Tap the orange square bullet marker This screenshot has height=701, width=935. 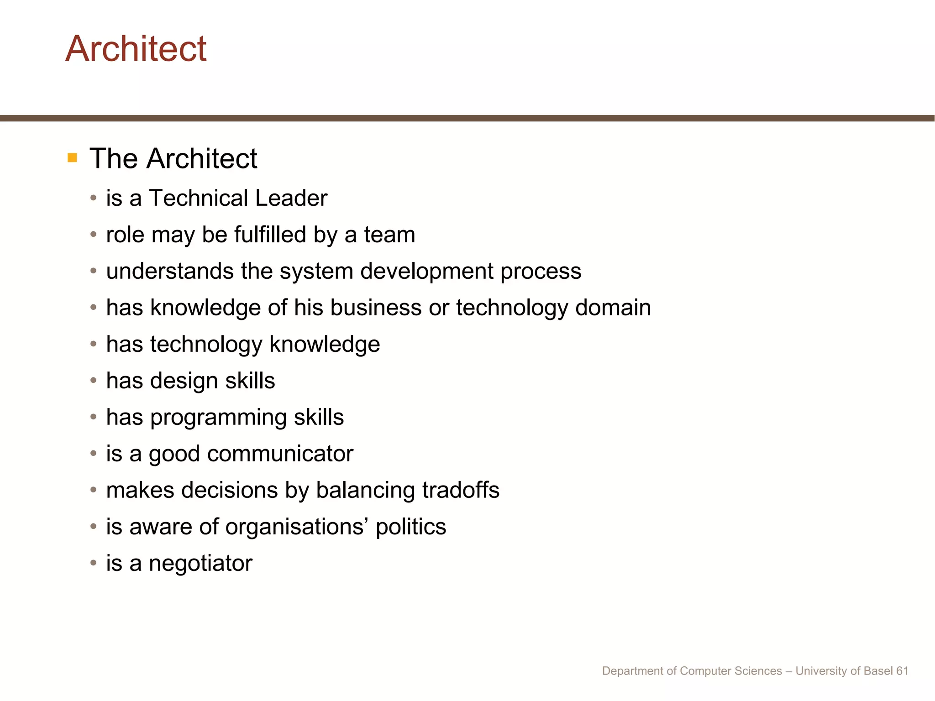pyautogui.click(x=72, y=158)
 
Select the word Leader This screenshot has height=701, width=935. pyautogui.click(x=291, y=198)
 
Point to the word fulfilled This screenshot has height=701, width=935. pyautogui.click(x=270, y=235)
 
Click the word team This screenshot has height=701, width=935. pyautogui.click(x=389, y=235)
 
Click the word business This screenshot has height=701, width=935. pyautogui.click(x=376, y=308)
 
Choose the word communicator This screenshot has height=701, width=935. pyautogui.click(x=280, y=454)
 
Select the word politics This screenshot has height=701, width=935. pyautogui.click(x=410, y=528)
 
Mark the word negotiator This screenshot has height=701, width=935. pyautogui.click(x=200, y=564)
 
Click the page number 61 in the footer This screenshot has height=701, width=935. pyautogui.click(x=902, y=671)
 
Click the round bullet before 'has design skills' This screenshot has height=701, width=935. pyautogui.click(x=94, y=380)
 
